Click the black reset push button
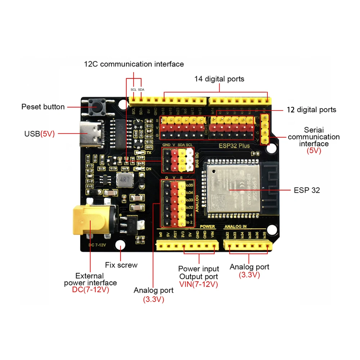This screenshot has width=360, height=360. pyautogui.click(x=96, y=107)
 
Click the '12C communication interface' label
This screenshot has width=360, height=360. pyautogui.click(x=134, y=64)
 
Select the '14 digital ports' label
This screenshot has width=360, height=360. pyautogui.click(x=219, y=79)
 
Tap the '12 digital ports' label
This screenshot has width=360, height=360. pyautogui.click(x=311, y=110)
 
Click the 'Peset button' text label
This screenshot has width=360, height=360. pyautogui.click(x=43, y=107)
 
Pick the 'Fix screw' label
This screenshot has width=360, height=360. pyautogui.click(x=121, y=265)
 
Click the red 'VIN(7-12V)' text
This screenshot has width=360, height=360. pyautogui.click(x=198, y=284)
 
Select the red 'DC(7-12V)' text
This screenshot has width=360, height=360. pyautogui.click(x=90, y=290)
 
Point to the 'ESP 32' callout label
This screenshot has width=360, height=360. pyautogui.click(x=306, y=190)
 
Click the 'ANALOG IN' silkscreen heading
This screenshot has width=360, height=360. pyautogui.click(x=235, y=227)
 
